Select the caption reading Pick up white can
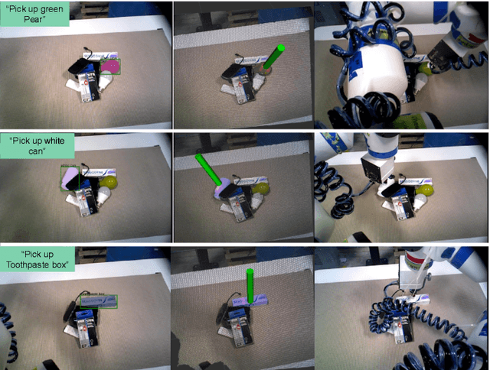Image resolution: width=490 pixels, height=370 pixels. click(37, 144)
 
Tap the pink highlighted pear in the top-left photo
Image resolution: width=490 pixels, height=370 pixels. click(109, 67)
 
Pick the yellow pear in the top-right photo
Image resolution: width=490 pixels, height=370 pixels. click(423, 69)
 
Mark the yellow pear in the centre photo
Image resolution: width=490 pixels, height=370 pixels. click(263, 187)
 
